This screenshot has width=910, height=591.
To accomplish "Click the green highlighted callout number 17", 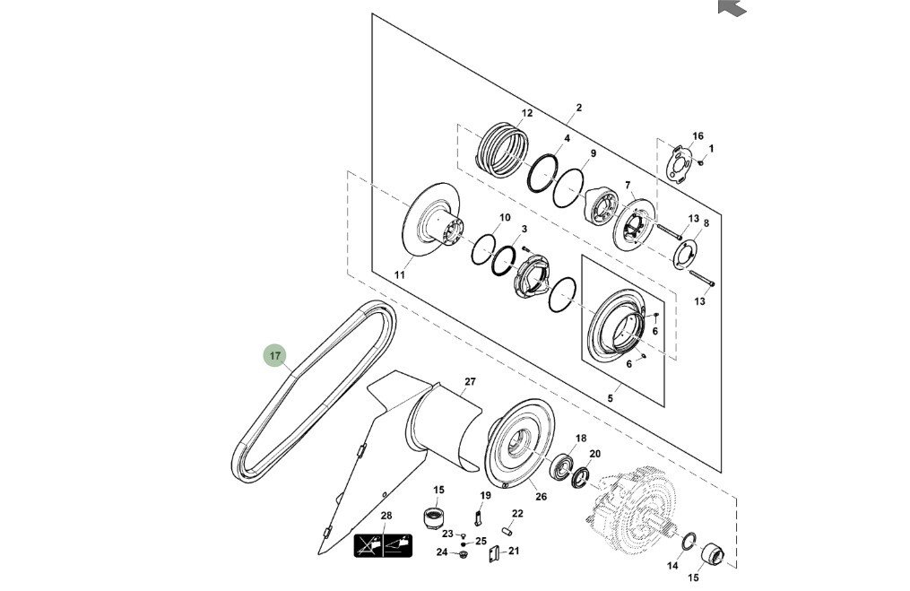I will click(275, 357).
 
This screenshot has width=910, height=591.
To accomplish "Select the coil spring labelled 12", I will click(503, 147).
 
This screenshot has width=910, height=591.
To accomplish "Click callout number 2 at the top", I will click(579, 108).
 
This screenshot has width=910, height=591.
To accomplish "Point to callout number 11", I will click(400, 275).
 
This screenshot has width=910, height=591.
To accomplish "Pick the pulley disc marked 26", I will click(520, 446).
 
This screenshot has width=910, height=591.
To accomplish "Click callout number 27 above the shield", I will click(470, 382).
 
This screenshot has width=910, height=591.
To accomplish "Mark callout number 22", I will click(517, 514).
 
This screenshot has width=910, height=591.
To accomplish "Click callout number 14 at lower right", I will click(672, 567).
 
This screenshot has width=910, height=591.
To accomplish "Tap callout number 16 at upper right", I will click(698, 136).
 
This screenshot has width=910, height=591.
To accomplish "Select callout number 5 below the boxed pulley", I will click(610, 398).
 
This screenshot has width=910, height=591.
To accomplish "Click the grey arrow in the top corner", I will click(732, 6).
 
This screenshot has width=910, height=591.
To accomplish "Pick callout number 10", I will click(505, 218).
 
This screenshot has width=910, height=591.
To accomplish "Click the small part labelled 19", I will click(480, 517).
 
